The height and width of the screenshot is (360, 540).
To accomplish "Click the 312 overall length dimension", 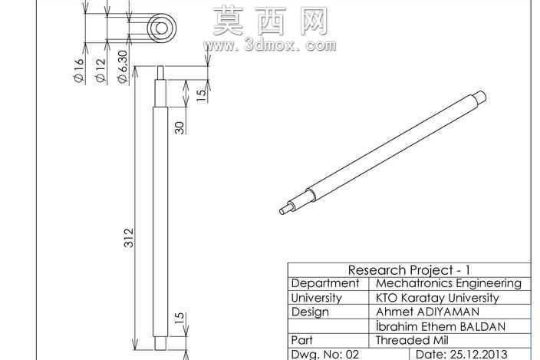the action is pos(129,237).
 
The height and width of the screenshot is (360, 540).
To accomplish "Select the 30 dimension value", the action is pos(179,128).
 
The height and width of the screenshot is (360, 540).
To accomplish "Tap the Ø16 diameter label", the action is pos(79,71).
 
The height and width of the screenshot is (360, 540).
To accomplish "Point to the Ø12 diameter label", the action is pos(100,71).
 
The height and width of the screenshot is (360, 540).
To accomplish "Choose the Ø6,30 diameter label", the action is pos(122,67).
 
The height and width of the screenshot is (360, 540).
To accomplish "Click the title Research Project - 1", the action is pos(409,269).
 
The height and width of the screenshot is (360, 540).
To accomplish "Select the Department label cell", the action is pos(325,283).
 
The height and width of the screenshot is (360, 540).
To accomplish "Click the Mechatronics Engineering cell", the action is pos(449,283).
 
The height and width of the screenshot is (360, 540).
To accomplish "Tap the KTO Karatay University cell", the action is pos(437,298).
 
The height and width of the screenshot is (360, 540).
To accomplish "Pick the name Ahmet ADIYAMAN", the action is pos(427,312).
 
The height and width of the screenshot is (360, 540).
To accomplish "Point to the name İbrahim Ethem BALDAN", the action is pos(440,326).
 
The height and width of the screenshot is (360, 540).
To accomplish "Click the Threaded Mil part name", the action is pos(412,340).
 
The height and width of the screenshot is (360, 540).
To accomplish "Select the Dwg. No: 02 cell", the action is pos(325,354).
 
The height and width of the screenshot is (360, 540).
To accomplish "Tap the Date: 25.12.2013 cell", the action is pos(462,354).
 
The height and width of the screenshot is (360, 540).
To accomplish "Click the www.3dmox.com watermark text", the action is pos(270,45).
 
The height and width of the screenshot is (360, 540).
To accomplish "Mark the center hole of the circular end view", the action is pos(161,28).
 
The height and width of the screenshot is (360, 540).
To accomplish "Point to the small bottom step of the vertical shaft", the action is pos(160,343).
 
